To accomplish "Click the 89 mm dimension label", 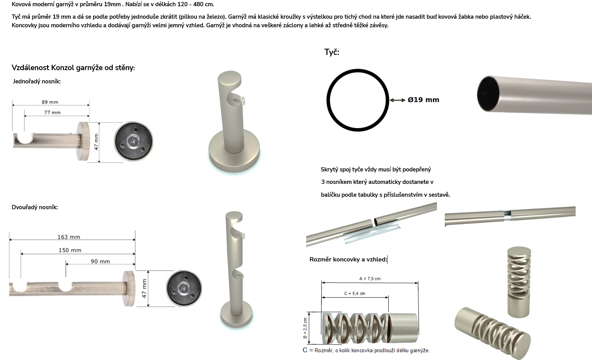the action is [x=50, y=102].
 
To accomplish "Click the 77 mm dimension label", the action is [x=52, y=113].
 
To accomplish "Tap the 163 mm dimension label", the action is [x=69, y=237].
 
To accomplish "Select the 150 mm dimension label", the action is [x=70, y=250].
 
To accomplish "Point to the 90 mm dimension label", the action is [x=100, y=261].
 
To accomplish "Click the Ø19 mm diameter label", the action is [x=423, y=100].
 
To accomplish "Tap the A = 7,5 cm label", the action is [x=370, y=279].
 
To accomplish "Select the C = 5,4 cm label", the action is [x=355, y=293].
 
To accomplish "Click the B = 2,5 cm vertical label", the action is [x=305, y=328].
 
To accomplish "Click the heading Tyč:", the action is [x=332, y=52].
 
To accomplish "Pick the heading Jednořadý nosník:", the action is [x=37, y=81].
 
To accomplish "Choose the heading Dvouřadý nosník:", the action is [x=35, y=207].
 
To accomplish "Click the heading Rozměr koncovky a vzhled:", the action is [x=348, y=259].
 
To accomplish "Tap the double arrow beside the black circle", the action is [x=398, y=100].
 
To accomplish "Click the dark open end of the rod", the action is [x=488, y=94].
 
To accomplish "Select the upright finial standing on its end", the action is [x=519, y=282].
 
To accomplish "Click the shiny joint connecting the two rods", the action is [x=507, y=215].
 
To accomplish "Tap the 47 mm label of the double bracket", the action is [x=144, y=288].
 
